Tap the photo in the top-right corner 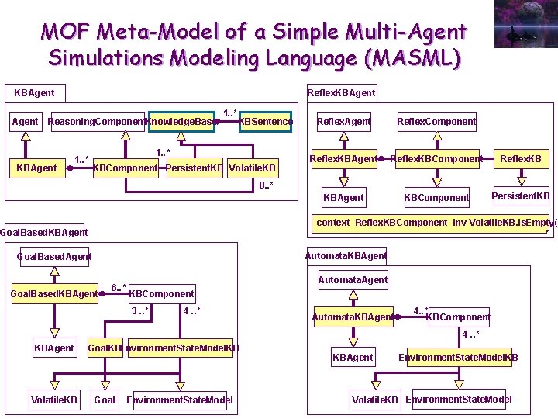click(525, 23)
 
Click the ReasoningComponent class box click(96, 122)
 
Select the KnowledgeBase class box click(181, 122)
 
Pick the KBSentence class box click(267, 122)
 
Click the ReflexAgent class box click(344, 121)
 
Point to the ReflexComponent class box click(436, 121)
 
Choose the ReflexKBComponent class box click(436, 159)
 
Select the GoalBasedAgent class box click(54, 256)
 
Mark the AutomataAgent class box click(353, 279)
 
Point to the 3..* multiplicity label click(139, 311)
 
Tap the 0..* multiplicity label click(265, 185)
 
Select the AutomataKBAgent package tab click(346, 255)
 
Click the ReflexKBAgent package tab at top click(341, 92)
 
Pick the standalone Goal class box click(105, 400)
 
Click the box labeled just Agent click(26, 122)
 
